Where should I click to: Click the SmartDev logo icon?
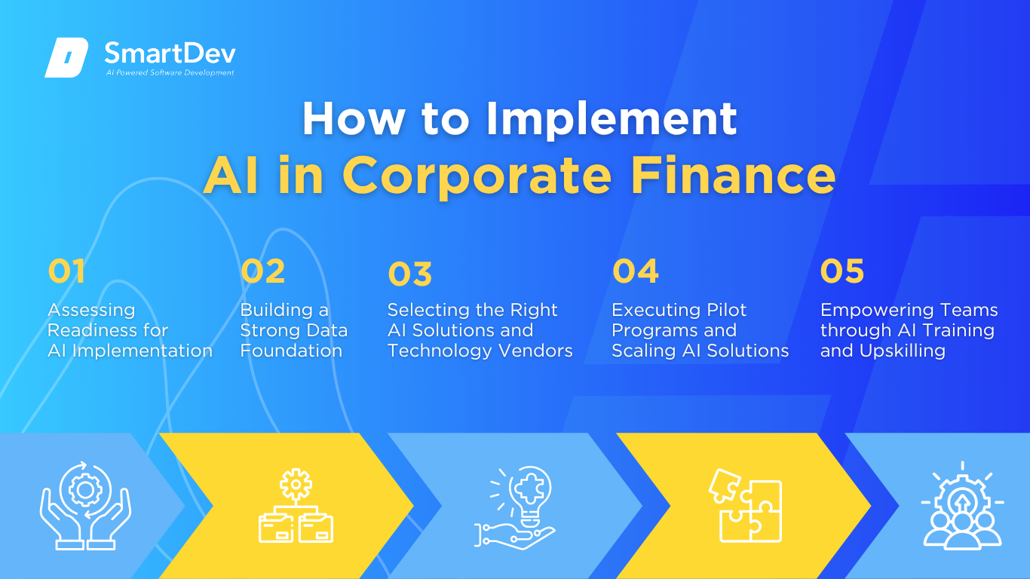[66, 57]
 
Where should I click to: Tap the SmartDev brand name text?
[170, 53]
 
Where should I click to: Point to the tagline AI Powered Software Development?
[170, 72]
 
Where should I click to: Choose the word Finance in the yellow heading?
[733, 175]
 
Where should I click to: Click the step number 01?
[66, 271]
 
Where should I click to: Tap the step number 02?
[263, 271]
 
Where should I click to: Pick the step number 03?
[410, 274]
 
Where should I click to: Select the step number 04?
[636, 271]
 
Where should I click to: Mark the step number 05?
[842, 271]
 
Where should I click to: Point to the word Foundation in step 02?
[291, 351]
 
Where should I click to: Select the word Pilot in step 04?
[727, 310]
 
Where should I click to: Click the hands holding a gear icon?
[85, 505]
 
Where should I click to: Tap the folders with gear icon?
[296, 505]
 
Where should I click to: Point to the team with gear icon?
[962, 505]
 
